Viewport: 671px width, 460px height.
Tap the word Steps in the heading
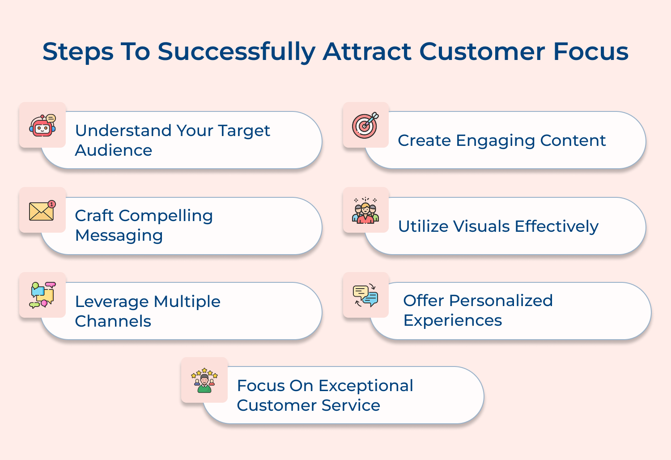coord(78,51)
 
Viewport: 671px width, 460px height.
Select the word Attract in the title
coord(367,51)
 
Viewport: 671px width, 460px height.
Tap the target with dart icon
coord(365,125)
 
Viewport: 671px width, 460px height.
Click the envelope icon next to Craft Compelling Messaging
coord(42,211)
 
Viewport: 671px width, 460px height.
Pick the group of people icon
coord(365,210)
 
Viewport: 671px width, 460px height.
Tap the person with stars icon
coord(204,380)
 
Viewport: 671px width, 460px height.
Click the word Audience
coord(114,150)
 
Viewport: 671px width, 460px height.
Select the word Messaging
coord(119,235)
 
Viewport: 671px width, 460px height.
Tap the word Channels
coord(113,321)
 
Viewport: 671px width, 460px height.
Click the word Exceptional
coord(365,386)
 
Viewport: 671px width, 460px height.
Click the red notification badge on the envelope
coord(52,204)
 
